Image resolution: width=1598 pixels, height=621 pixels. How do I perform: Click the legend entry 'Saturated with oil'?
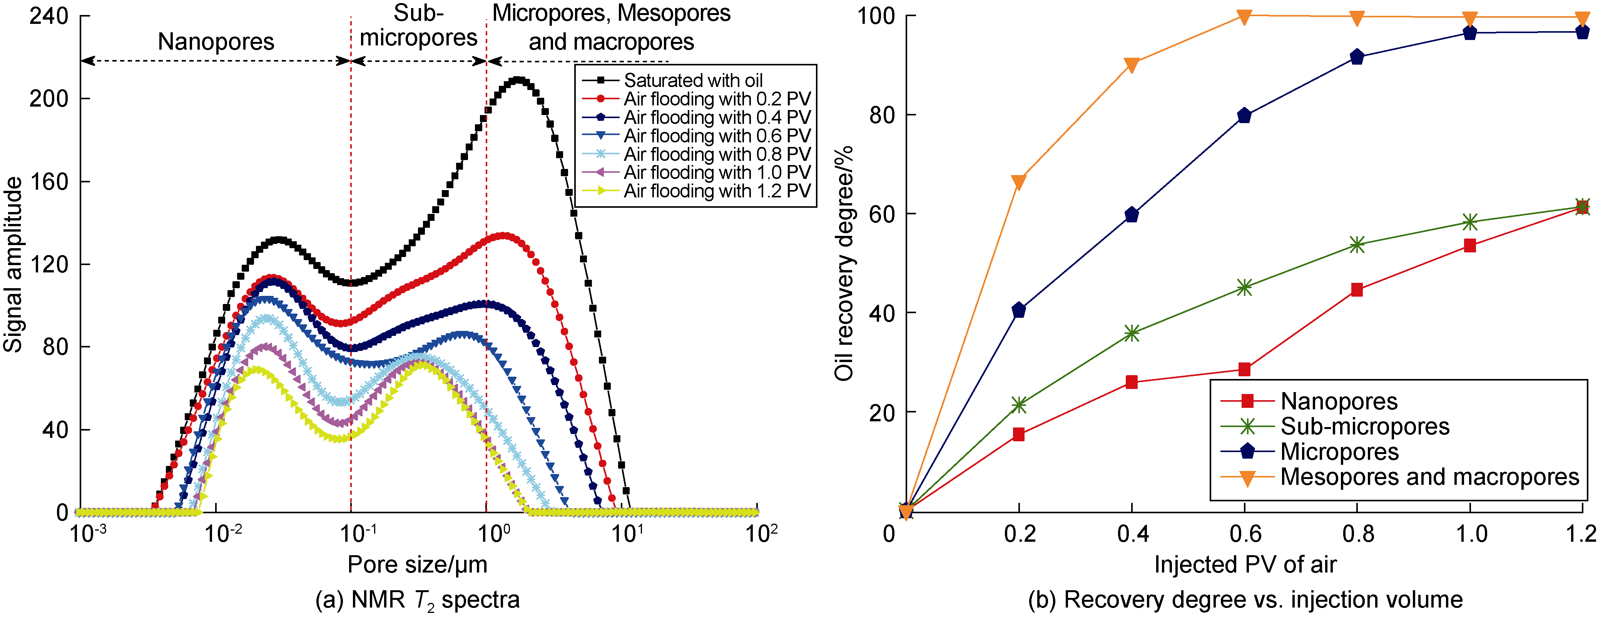[x=693, y=81]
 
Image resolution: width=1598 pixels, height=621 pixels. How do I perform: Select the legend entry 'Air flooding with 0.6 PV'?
[x=717, y=136]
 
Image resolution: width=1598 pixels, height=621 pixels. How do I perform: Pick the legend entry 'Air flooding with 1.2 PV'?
[x=717, y=191]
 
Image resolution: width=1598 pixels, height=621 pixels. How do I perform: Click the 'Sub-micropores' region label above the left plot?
[x=419, y=26]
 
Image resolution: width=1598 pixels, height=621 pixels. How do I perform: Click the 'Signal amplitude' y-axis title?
[x=13, y=265]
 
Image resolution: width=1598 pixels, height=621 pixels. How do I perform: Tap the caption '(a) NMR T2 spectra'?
[x=418, y=600]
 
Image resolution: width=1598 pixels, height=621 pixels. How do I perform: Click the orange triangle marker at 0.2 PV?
[x=1019, y=182]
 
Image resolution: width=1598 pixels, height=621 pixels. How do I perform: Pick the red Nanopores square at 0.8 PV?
[x=1357, y=290]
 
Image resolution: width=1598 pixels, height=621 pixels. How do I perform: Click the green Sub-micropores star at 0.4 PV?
[x=1132, y=334]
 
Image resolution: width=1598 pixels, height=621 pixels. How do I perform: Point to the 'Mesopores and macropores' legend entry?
[x=1429, y=477]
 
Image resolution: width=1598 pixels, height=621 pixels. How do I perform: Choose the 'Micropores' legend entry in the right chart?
[x=1339, y=452]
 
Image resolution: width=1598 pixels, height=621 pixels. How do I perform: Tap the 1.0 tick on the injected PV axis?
[x=1471, y=534]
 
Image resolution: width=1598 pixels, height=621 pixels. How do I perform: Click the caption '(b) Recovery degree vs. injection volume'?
[x=1245, y=600]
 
